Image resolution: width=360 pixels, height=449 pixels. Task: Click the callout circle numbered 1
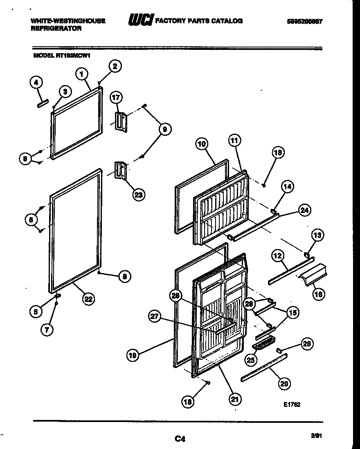(x=82, y=74)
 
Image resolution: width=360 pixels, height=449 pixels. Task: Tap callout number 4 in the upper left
(x=36, y=83)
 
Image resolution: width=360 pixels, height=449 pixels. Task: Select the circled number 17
(x=116, y=98)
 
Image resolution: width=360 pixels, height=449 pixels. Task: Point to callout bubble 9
(x=164, y=129)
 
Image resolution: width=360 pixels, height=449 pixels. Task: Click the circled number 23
(x=139, y=195)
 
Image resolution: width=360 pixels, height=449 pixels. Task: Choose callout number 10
(x=201, y=144)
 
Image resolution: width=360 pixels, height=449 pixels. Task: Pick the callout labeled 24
(x=304, y=211)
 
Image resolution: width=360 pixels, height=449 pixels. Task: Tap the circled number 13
(x=317, y=235)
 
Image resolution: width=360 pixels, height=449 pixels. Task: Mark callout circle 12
(x=278, y=256)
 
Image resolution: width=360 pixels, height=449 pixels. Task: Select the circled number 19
(x=132, y=356)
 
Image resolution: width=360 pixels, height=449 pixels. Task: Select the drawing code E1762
(x=292, y=405)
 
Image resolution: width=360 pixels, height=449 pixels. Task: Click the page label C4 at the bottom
(x=180, y=439)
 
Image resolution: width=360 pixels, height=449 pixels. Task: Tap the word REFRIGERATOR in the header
(x=56, y=29)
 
